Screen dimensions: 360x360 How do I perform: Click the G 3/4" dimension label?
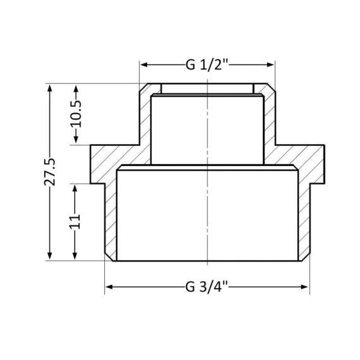coord(207,287)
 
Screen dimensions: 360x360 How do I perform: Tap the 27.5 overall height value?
coord(51,171)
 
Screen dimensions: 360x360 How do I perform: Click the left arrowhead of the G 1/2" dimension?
coord(143,64)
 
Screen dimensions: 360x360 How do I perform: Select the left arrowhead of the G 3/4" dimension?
coord(109,287)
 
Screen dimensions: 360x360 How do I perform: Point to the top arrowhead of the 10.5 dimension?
coord(76,88)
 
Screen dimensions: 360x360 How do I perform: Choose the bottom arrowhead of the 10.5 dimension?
coord(76,140)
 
